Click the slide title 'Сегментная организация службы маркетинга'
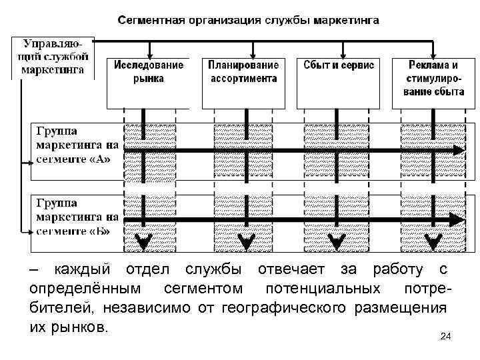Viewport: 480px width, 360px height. (x=249, y=20)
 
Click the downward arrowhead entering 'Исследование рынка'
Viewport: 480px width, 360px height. (x=151, y=51)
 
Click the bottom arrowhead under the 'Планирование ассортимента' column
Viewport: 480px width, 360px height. (x=245, y=241)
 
